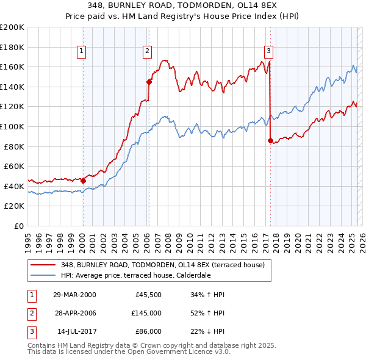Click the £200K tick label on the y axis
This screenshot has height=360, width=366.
click(x=12, y=27)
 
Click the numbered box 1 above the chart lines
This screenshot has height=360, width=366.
click(x=82, y=51)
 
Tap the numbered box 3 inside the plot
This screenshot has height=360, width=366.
click(x=269, y=51)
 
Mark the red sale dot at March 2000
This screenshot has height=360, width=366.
click(x=83, y=180)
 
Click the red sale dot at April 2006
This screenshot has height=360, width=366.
click(x=149, y=81)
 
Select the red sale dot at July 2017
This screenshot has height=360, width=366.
click(x=270, y=140)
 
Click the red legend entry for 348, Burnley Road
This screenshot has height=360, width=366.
click(x=162, y=265)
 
